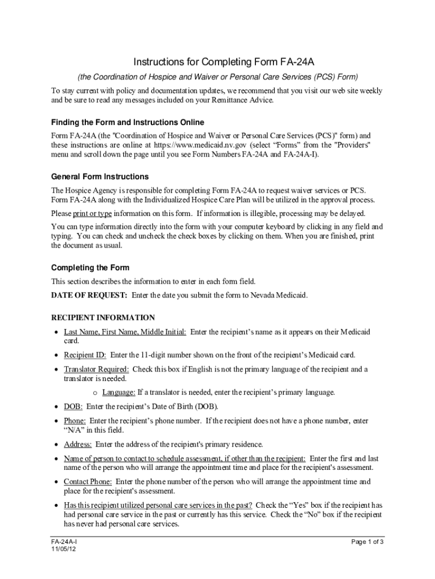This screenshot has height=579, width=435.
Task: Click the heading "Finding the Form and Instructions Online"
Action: pyautogui.click(x=128, y=122)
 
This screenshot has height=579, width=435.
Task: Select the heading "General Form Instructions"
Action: pyautogui.click(x=100, y=176)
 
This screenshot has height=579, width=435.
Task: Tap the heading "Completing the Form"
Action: pyautogui.click(x=90, y=267)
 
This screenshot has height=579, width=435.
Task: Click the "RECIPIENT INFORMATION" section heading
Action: pyautogui.click(x=103, y=318)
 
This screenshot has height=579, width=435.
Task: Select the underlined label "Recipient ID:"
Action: pyautogui.click(x=85, y=355)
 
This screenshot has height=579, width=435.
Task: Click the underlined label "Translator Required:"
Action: pyautogui.click(x=96, y=369)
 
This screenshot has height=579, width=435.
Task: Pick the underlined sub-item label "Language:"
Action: pyautogui.click(x=119, y=392)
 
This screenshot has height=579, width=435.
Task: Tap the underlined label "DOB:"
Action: pyautogui.click(x=73, y=407)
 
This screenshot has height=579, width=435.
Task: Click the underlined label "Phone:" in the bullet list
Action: pyautogui.click(x=75, y=421)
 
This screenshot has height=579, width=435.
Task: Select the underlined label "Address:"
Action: pyautogui.click(x=77, y=444)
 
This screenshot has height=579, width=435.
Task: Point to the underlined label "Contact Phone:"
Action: pyautogui.click(x=88, y=482)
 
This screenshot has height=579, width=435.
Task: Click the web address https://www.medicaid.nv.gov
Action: pyautogui.click(x=201, y=145)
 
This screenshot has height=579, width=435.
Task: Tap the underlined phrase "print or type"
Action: pyautogui.click(x=93, y=213)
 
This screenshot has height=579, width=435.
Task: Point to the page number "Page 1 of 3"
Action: pyautogui.click(x=367, y=542)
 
